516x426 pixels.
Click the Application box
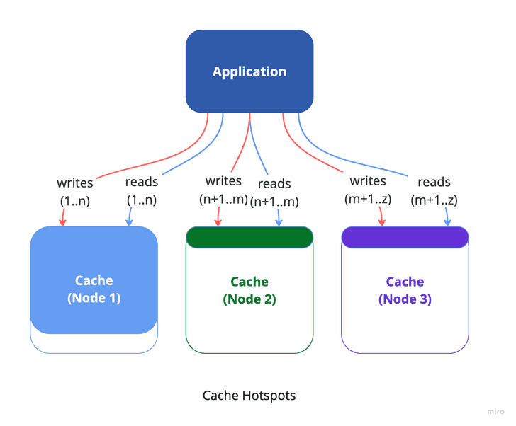(249, 71)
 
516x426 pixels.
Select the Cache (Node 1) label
(94, 289)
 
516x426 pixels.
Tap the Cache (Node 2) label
(249, 290)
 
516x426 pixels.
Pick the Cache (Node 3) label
(405, 290)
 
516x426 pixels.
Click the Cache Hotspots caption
(249, 395)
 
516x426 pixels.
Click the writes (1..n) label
(75, 191)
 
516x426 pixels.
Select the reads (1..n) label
(142, 191)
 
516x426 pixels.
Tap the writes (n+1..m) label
(223, 190)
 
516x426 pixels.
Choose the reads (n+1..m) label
(274, 192)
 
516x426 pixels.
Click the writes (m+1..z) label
(366, 190)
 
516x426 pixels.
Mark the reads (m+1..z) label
(434, 191)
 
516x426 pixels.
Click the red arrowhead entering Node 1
(62, 222)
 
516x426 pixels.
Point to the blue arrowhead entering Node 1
(129, 222)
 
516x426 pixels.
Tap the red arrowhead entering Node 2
(216, 222)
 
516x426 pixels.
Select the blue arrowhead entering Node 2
(279, 222)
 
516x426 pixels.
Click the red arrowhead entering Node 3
(382, 222)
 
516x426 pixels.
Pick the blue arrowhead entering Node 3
(447, 222)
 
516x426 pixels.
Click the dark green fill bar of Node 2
(249, 237)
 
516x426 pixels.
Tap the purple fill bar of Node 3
(405, 237)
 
